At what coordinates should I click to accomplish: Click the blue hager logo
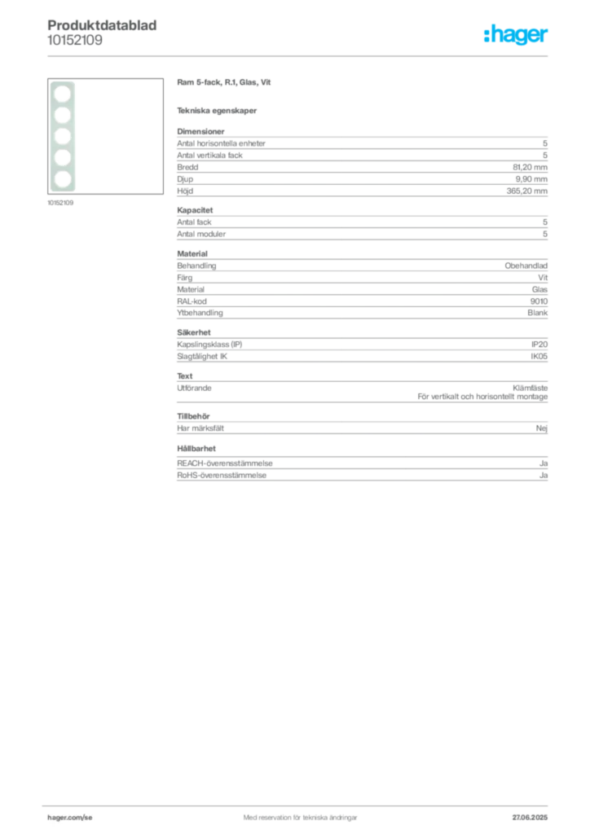pyautogui.click(x=517, y=37)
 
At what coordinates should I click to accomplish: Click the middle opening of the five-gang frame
pyautogui.click(x=62, y=136)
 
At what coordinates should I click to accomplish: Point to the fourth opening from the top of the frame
pyautogui.click(x=62, y=156)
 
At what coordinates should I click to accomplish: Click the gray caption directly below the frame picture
pyautogui.click(x=62, y=204)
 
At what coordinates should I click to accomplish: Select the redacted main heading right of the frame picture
pyautogui.click(x=224, y=83)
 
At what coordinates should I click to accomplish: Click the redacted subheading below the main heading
pyautogui.click(x=218, y=111)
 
